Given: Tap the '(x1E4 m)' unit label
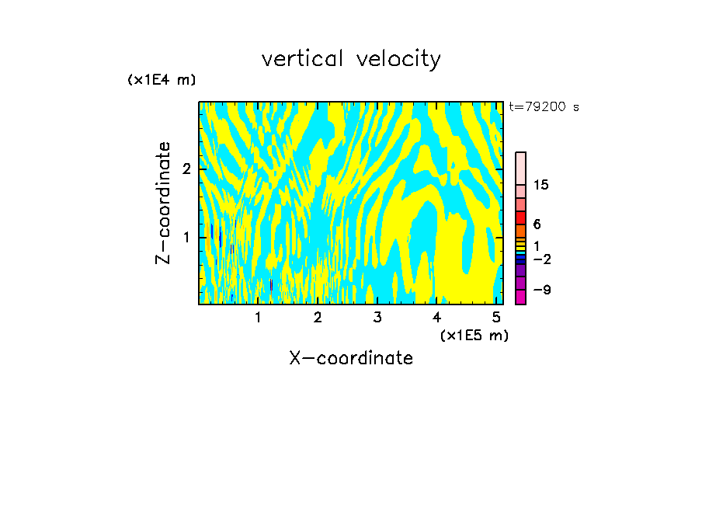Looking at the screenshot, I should (x=162, y=80).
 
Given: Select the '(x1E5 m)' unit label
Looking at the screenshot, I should (x=474, y=335).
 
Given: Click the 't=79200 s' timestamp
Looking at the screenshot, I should (x=544, y=107).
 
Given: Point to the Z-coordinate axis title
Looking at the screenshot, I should (x=163, y=202).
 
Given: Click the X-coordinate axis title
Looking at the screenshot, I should (x=351, y=358).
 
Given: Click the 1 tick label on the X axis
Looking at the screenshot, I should (x=258, y=318).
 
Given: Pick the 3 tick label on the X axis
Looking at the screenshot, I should (x=377, y=318).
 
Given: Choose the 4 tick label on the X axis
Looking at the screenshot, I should (x=436, y=318).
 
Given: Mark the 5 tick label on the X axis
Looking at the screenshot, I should (x=495, y=318).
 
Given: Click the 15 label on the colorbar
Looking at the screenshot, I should (x=541, y=186).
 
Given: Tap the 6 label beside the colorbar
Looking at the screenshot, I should (x=537, y=224).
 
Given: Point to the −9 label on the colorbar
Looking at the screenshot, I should (x=541, y=290).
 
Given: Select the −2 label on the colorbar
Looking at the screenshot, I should (x=541, y=259).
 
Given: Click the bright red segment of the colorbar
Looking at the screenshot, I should (x=520, y=217).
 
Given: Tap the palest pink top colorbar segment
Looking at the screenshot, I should (x=520, y=168).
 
